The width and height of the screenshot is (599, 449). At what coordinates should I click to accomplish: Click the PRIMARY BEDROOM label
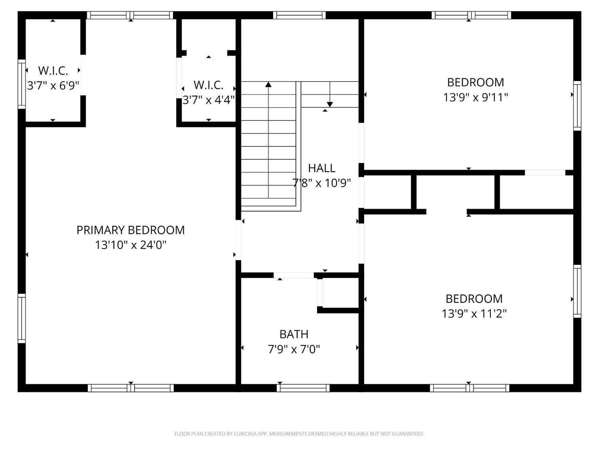click(131, 230)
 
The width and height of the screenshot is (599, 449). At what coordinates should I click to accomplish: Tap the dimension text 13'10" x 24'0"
click(131, 245)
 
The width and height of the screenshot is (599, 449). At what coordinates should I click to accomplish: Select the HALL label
click(322, 168)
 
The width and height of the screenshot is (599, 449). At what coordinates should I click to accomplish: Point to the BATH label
click(294, 334)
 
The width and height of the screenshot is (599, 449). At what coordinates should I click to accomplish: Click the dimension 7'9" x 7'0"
click(294, 349)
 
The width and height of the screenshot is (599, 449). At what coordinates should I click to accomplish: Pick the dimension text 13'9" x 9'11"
click(475, 97)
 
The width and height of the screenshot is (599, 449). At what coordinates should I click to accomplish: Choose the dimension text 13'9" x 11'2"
click(474, 314)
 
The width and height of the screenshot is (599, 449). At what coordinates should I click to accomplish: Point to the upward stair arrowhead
click(268, 85)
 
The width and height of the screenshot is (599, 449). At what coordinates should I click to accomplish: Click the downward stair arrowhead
click(330, 105)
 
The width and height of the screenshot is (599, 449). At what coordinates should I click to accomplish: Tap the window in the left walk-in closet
click(22, 84)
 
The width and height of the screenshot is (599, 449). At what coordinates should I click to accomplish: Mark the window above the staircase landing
click(299, 15)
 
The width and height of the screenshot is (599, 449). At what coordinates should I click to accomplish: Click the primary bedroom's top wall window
click(130, 15)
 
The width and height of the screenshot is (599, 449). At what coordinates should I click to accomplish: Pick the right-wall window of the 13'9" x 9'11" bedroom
click(577, 105)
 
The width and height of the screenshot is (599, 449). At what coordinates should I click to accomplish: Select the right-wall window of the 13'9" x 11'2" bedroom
click(577, 291)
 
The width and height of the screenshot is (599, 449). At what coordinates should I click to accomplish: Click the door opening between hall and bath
click(294, 275)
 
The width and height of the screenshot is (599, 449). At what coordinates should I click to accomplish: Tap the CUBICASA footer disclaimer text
click(299, 433)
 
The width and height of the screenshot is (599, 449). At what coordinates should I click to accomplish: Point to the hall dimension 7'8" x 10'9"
click(322, 183)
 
